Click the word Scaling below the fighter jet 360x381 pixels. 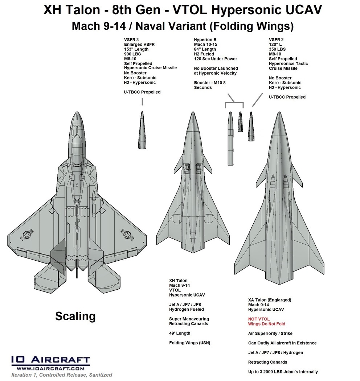click(75, 316)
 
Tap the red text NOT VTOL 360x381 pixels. click(259, 319)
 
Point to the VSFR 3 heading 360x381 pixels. click(132, 40)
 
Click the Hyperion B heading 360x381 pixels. click(206, 40)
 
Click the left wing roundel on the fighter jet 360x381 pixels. click(27, 236)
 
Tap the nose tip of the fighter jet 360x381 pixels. click(76, 113)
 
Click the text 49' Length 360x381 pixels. click(180, 333)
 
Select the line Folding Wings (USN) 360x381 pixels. click(189, 343)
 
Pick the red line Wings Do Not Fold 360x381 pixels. click(267, 324)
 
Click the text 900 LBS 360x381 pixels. click(133, 54)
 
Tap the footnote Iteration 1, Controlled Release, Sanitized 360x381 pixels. click(62, 375)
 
